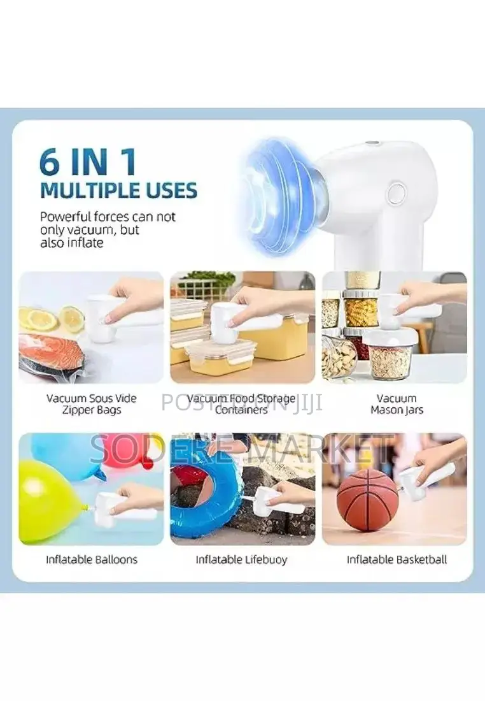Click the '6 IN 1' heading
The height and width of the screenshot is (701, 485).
(x=88, y=162)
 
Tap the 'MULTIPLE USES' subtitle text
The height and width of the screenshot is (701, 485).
(x=118, y=191)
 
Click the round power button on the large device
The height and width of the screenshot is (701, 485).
(x=396, y=192)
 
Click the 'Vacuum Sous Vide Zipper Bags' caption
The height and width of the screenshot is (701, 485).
(x=92, y=404)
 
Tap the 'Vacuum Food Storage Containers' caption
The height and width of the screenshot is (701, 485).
(x=242, y=404)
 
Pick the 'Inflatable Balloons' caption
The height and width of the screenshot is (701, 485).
(x=92, y=560)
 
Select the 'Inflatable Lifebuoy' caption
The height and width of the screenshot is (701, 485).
(x=241, y=560)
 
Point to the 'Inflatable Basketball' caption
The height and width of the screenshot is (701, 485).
(x=397, y=560)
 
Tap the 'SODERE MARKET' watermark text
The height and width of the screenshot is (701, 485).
(x=242, y=449)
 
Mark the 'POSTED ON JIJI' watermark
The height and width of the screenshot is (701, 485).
(x=242, y=402)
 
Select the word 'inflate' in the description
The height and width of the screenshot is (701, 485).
(x=84, y=243)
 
